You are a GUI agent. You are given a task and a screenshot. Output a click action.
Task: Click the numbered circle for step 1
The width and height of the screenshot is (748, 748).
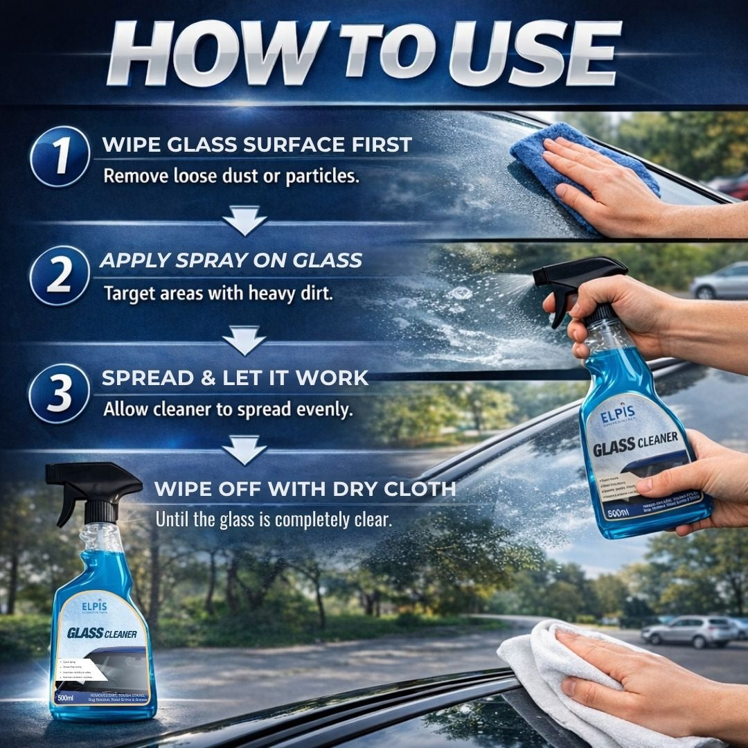tap(60, 156)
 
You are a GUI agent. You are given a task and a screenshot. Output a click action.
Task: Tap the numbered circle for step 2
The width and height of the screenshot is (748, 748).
tap(60, 275)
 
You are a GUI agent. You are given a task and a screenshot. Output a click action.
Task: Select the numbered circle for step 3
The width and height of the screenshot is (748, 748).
tap(60, 393)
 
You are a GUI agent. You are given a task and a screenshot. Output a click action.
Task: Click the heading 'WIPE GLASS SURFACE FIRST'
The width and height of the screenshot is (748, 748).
tap(257, 145)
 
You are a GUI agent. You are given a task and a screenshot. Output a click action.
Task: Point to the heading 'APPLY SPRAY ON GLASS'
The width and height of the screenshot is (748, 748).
tap(231, 260)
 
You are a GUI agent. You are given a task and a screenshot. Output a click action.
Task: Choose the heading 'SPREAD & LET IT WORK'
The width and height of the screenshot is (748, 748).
tap(235, 378)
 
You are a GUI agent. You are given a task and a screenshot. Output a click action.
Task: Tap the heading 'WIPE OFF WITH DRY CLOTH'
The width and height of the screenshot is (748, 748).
tap(305, 489)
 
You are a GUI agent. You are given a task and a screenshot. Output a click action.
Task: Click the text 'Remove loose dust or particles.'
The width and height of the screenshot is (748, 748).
tap(231, 176)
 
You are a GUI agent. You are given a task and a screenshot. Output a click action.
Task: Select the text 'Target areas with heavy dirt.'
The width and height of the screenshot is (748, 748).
tap(218, 293)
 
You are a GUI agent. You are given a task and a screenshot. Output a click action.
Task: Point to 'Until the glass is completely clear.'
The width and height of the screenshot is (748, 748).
tap(274, 519)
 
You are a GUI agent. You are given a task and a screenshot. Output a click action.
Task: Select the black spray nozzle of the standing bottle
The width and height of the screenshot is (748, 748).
tap(90, 485)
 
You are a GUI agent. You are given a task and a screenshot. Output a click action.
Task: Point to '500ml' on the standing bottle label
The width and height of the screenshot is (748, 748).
tap(66, 697)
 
